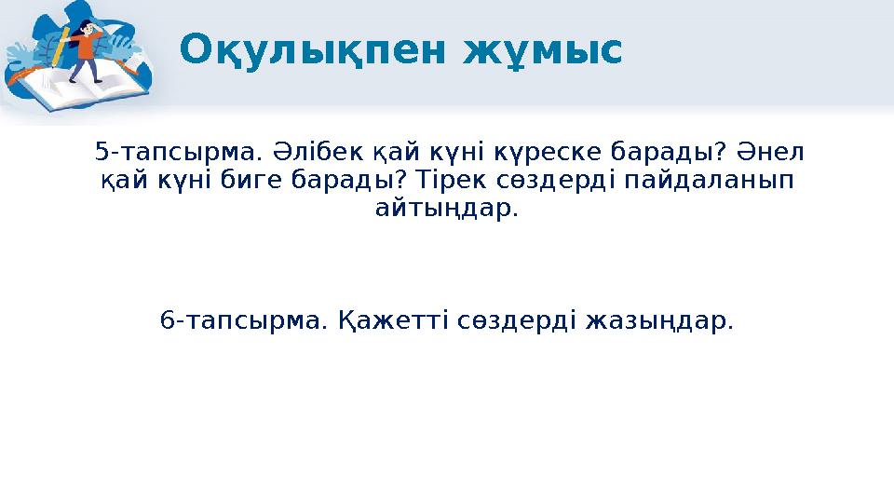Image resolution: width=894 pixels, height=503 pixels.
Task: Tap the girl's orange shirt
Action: tap(90, 42)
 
